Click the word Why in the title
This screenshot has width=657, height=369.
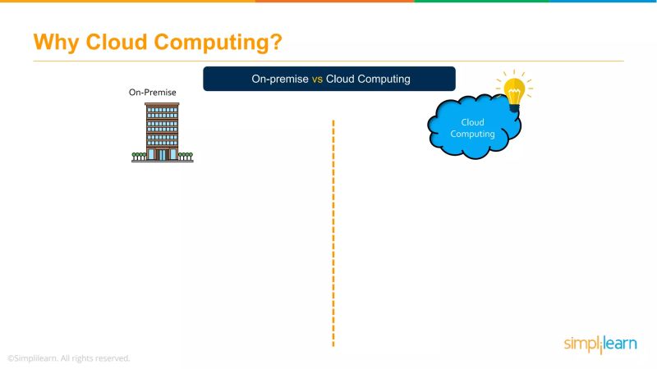coord(55,42)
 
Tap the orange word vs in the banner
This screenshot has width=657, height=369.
coord(316,80)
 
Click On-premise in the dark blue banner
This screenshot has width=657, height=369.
coord(280,80)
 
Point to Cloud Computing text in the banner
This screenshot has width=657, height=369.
coord(368,80)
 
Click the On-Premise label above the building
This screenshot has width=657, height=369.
coord(153,93)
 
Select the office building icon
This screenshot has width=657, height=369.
coord(163,131)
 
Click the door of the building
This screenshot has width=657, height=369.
coord(163,154)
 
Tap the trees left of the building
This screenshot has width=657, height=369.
coord(138,154)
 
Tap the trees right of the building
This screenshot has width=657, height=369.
coord(186,154)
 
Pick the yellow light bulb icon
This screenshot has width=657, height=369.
coord(514,92)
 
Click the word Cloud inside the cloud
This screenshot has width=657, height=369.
coord(472,123)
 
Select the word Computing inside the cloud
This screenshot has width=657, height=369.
coord(472,134)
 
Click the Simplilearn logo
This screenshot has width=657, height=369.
coord(600,344)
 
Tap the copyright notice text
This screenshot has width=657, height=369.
coord(68,358)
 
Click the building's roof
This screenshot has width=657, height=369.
coord(163,104)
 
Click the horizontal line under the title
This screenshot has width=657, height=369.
coord(328,61)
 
